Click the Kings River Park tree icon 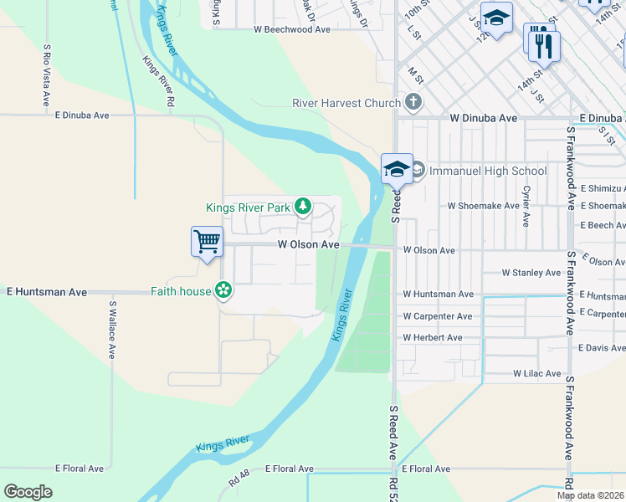pos(303,207)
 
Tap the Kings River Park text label pos(248,207)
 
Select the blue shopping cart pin pos(207,242)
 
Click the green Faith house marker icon pos(223,291)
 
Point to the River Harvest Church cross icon pos(412,103)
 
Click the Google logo pos(28,492)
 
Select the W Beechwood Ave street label pos(292,29)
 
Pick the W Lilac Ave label pos(536,373)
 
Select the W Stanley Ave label pos(531,273)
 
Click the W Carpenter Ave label pos(437,316)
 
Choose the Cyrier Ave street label pos(526,206)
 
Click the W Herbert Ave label pos(432,338)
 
